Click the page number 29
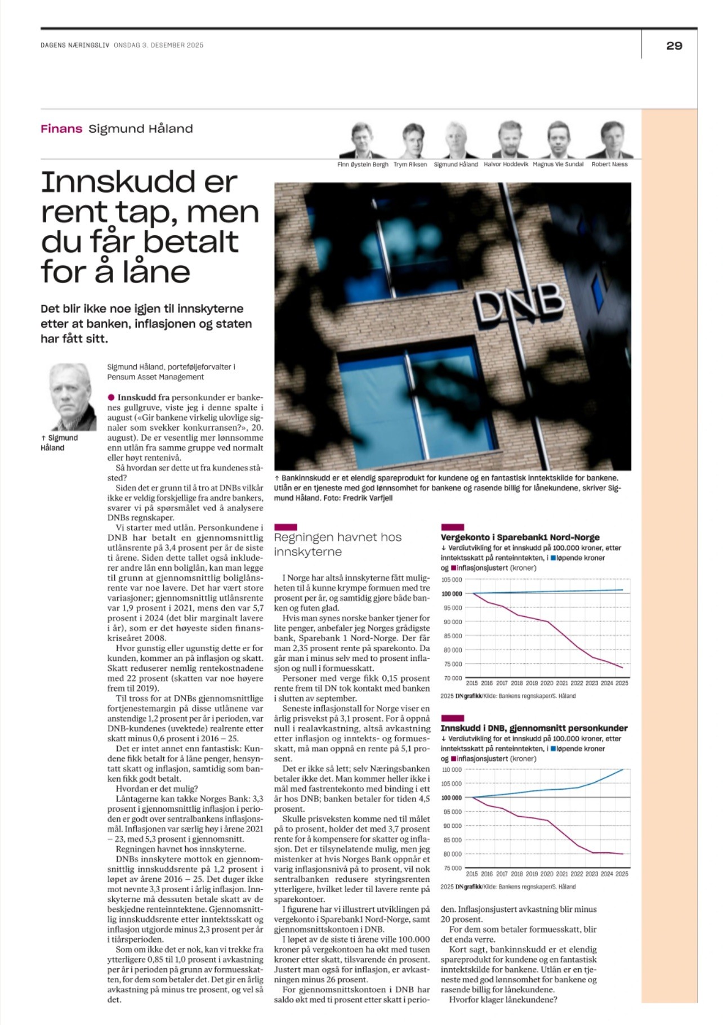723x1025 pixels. pos(673,46)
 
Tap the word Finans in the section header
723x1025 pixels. pos(61,129)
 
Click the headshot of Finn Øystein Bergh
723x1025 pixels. pos(361,141)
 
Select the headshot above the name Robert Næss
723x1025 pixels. pos(610,141)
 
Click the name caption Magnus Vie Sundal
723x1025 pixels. pos(558,164)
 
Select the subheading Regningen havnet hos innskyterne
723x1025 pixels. pos(337,544)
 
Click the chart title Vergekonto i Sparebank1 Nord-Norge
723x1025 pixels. pos(520,537)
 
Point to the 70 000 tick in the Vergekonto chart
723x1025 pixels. pos(452,678)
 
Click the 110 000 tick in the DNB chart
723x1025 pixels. pos(452,769)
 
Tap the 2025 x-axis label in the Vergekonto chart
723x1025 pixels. pos(622,683)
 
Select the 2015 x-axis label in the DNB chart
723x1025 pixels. pos(472,874)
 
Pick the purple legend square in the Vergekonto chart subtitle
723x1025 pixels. pos(453,568)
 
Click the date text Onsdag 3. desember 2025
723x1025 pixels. pos(158,45)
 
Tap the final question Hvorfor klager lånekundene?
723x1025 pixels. pos(503,1000)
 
